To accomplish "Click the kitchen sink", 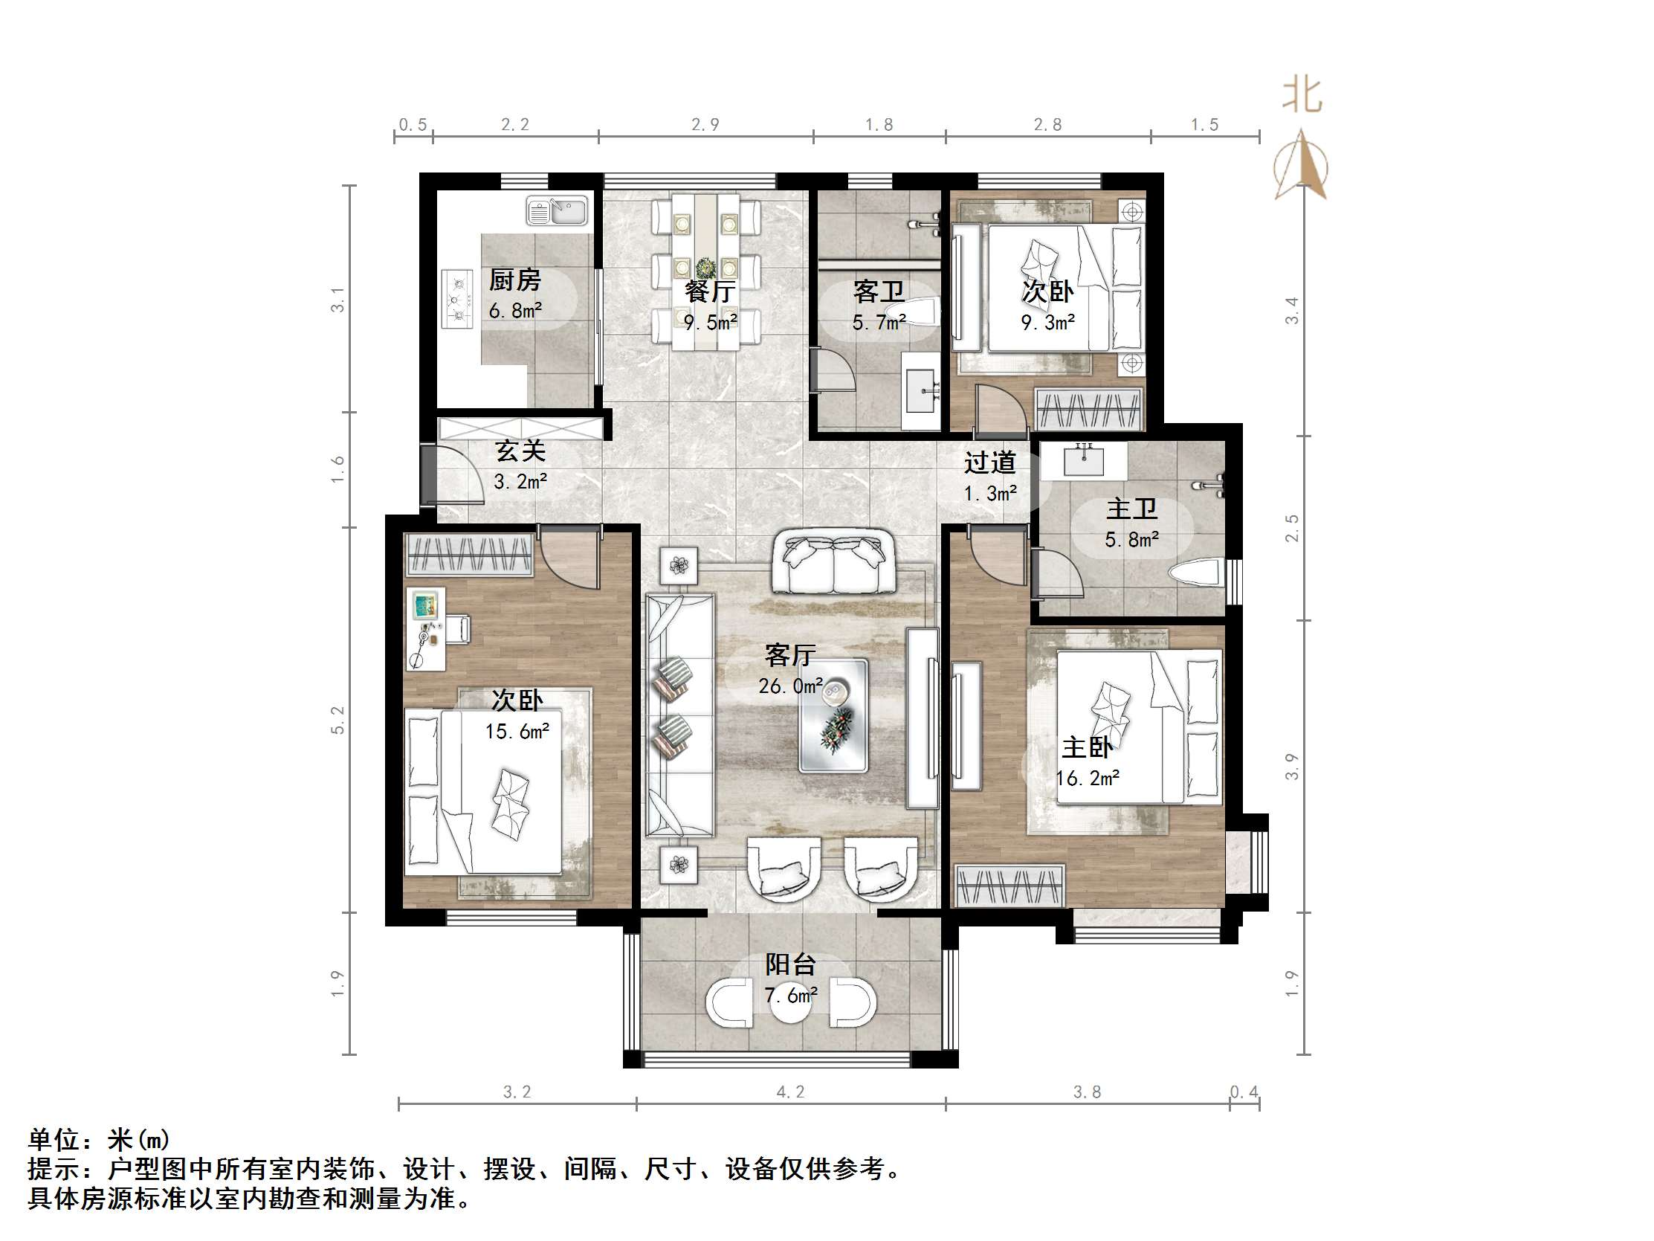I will pyautogui.click(x=557, y=211).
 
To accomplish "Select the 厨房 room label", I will pyautogui.click(x=514, y=280).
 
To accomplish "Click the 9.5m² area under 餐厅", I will pyautogui.click(x=711, y=323).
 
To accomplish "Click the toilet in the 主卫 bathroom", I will pyautogui.click(x=1195, y=574).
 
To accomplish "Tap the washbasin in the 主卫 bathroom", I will pyautogui.click(x=1084, y=460).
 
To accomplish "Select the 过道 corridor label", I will pyautogui.click(x=989, y=463).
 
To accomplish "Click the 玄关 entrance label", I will pyautogui.click(x=520, y=451).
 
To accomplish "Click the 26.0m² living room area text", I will pyautogui.click(x=790, y=686).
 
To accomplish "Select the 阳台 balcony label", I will pyautogui.click(x=789, y=965).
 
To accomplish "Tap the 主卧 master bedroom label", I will pyautogui.click(x=1088, y=747).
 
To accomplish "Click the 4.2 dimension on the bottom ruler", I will pyautogui.click(x=790, y=1092).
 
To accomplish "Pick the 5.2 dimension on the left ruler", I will pyautogui.click(x=338, y=720).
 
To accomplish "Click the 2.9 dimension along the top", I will pyautogui.click(x=705, y=125).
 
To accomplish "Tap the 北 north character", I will pyautogui.click(x=1302, y=96).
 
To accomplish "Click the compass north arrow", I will pyautogui.click(x=1302, y=164).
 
